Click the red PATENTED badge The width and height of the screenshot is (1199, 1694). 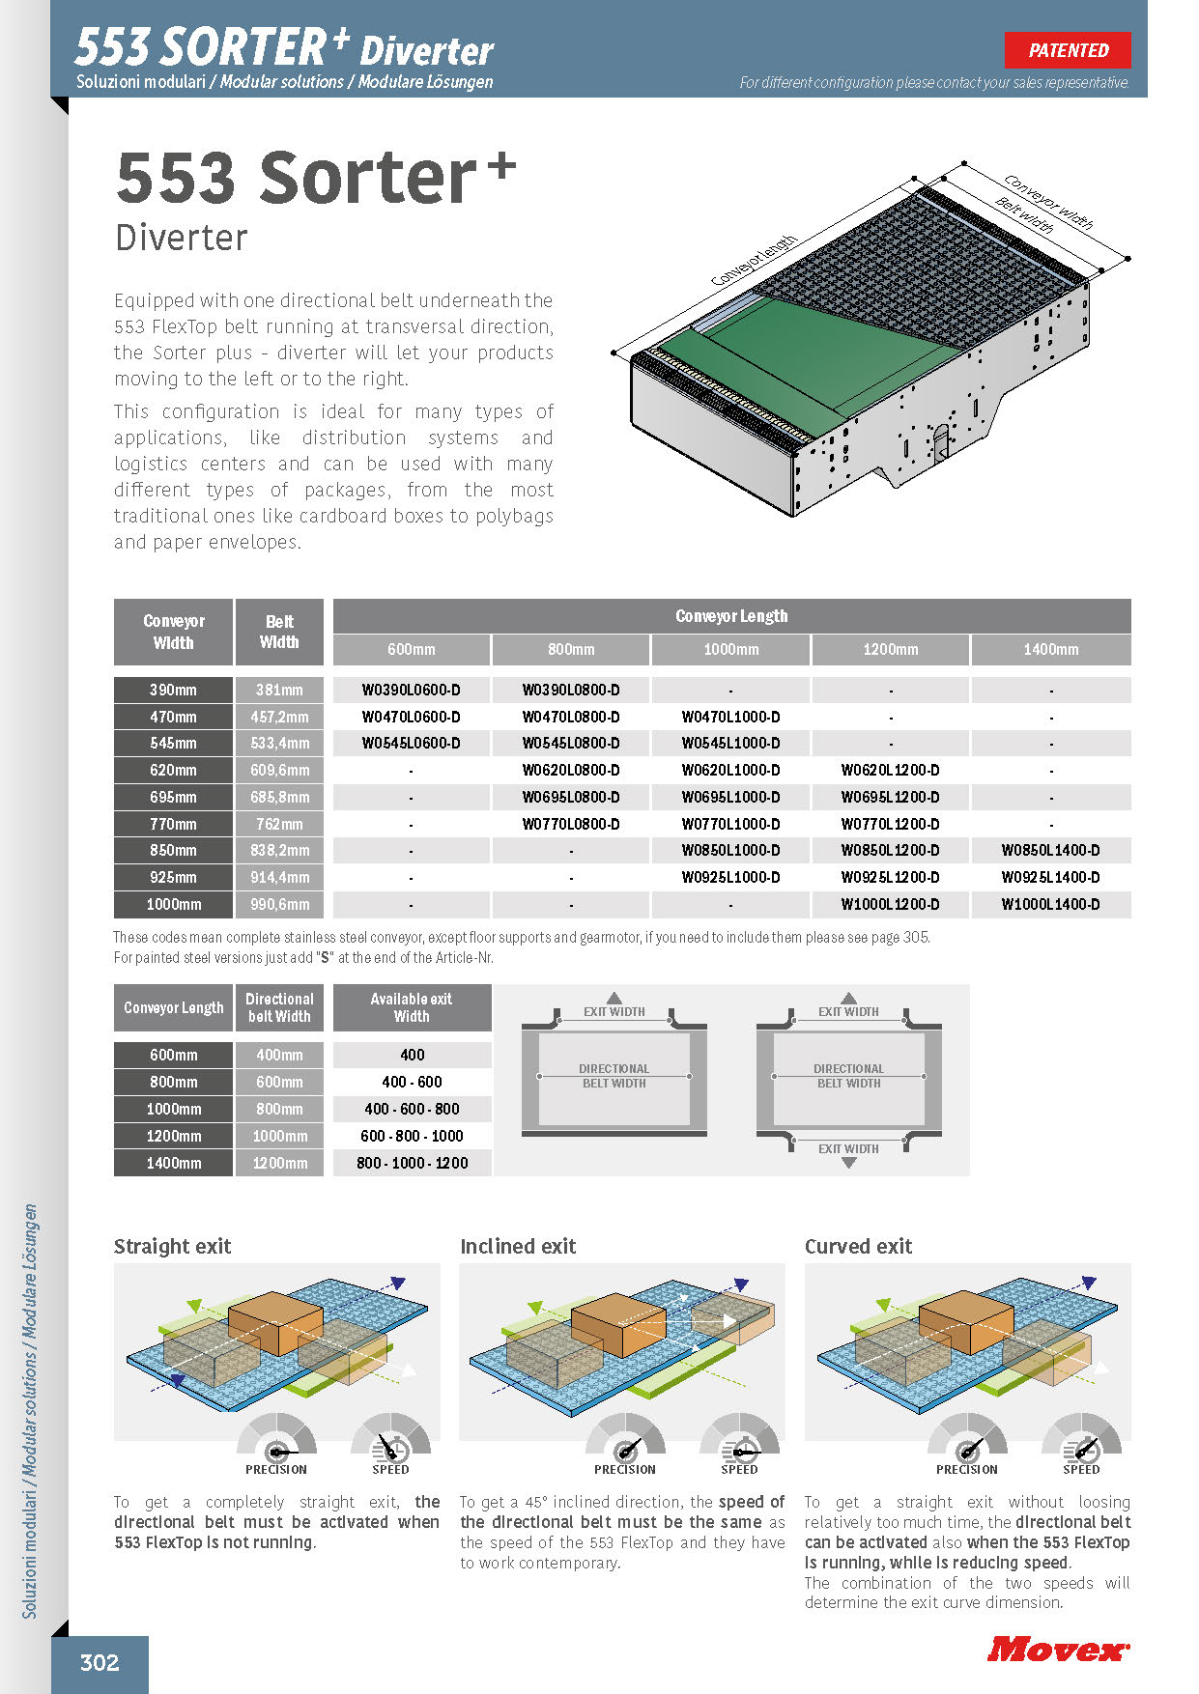(x=1068, y=50)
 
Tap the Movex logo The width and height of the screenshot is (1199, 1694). (x=1058, y=1650)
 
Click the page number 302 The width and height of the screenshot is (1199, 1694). (x=100, y=1662)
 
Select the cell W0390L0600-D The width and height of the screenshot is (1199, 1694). (x=411, y=690)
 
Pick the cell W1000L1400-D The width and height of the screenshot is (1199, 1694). (x=1050, y=904)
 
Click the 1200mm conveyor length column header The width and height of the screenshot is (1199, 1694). (x=890, y=649)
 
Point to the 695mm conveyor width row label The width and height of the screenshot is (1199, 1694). (x=173, y=797)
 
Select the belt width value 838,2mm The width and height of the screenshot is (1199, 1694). (x=279, y=850)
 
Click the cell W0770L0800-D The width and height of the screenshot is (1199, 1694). (x=571, y=824)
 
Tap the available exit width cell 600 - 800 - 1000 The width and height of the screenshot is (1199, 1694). (x=412, y=1136)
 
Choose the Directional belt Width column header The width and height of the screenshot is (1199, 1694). (x=279, y=1007)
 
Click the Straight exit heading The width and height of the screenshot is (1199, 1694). (x=173, y=1246)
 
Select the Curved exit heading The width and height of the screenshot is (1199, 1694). (x=858, y=1246)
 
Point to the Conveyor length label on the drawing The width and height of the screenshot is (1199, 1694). (x=754, y=261)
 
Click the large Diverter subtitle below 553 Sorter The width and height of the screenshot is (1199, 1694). (x=182, y=238)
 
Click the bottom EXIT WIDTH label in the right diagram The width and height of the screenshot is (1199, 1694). (x=848, y=1148)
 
